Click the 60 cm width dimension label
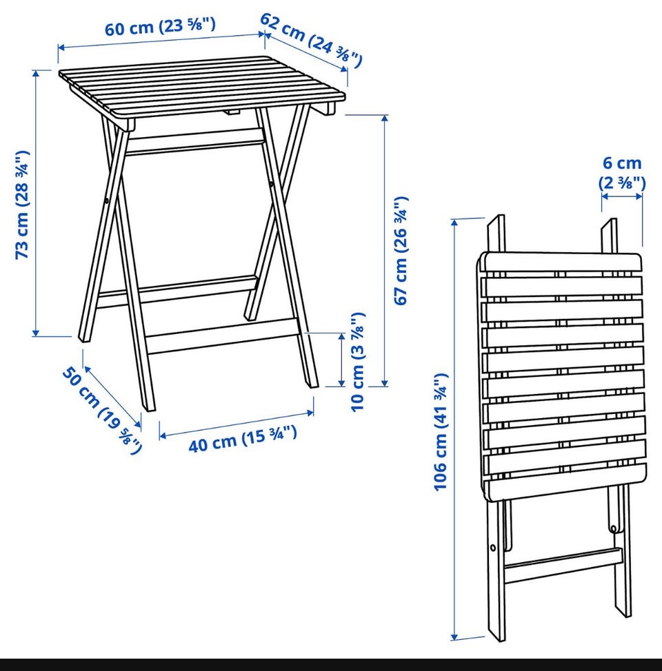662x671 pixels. coord(160,27)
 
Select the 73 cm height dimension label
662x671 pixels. coord(22,205)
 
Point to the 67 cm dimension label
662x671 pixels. coord(401,251)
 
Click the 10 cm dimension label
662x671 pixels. coord(357,362)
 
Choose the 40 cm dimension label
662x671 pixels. coord(243,439)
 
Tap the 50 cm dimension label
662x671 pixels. coord(101,410)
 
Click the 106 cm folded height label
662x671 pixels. coord(441,432)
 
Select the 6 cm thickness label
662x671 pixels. coord(622,172)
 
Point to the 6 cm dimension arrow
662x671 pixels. coord(622,196)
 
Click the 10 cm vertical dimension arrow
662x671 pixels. coord(341,360)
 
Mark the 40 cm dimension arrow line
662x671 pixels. coord(237,424)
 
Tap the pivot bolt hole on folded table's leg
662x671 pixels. coord(493,547)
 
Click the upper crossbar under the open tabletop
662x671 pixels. coord(195,142)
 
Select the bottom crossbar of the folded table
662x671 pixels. coord(563,566)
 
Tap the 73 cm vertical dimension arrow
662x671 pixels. coord(36,203)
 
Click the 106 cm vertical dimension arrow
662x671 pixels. coord(455,430)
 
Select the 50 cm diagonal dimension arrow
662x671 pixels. coord(112,397)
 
